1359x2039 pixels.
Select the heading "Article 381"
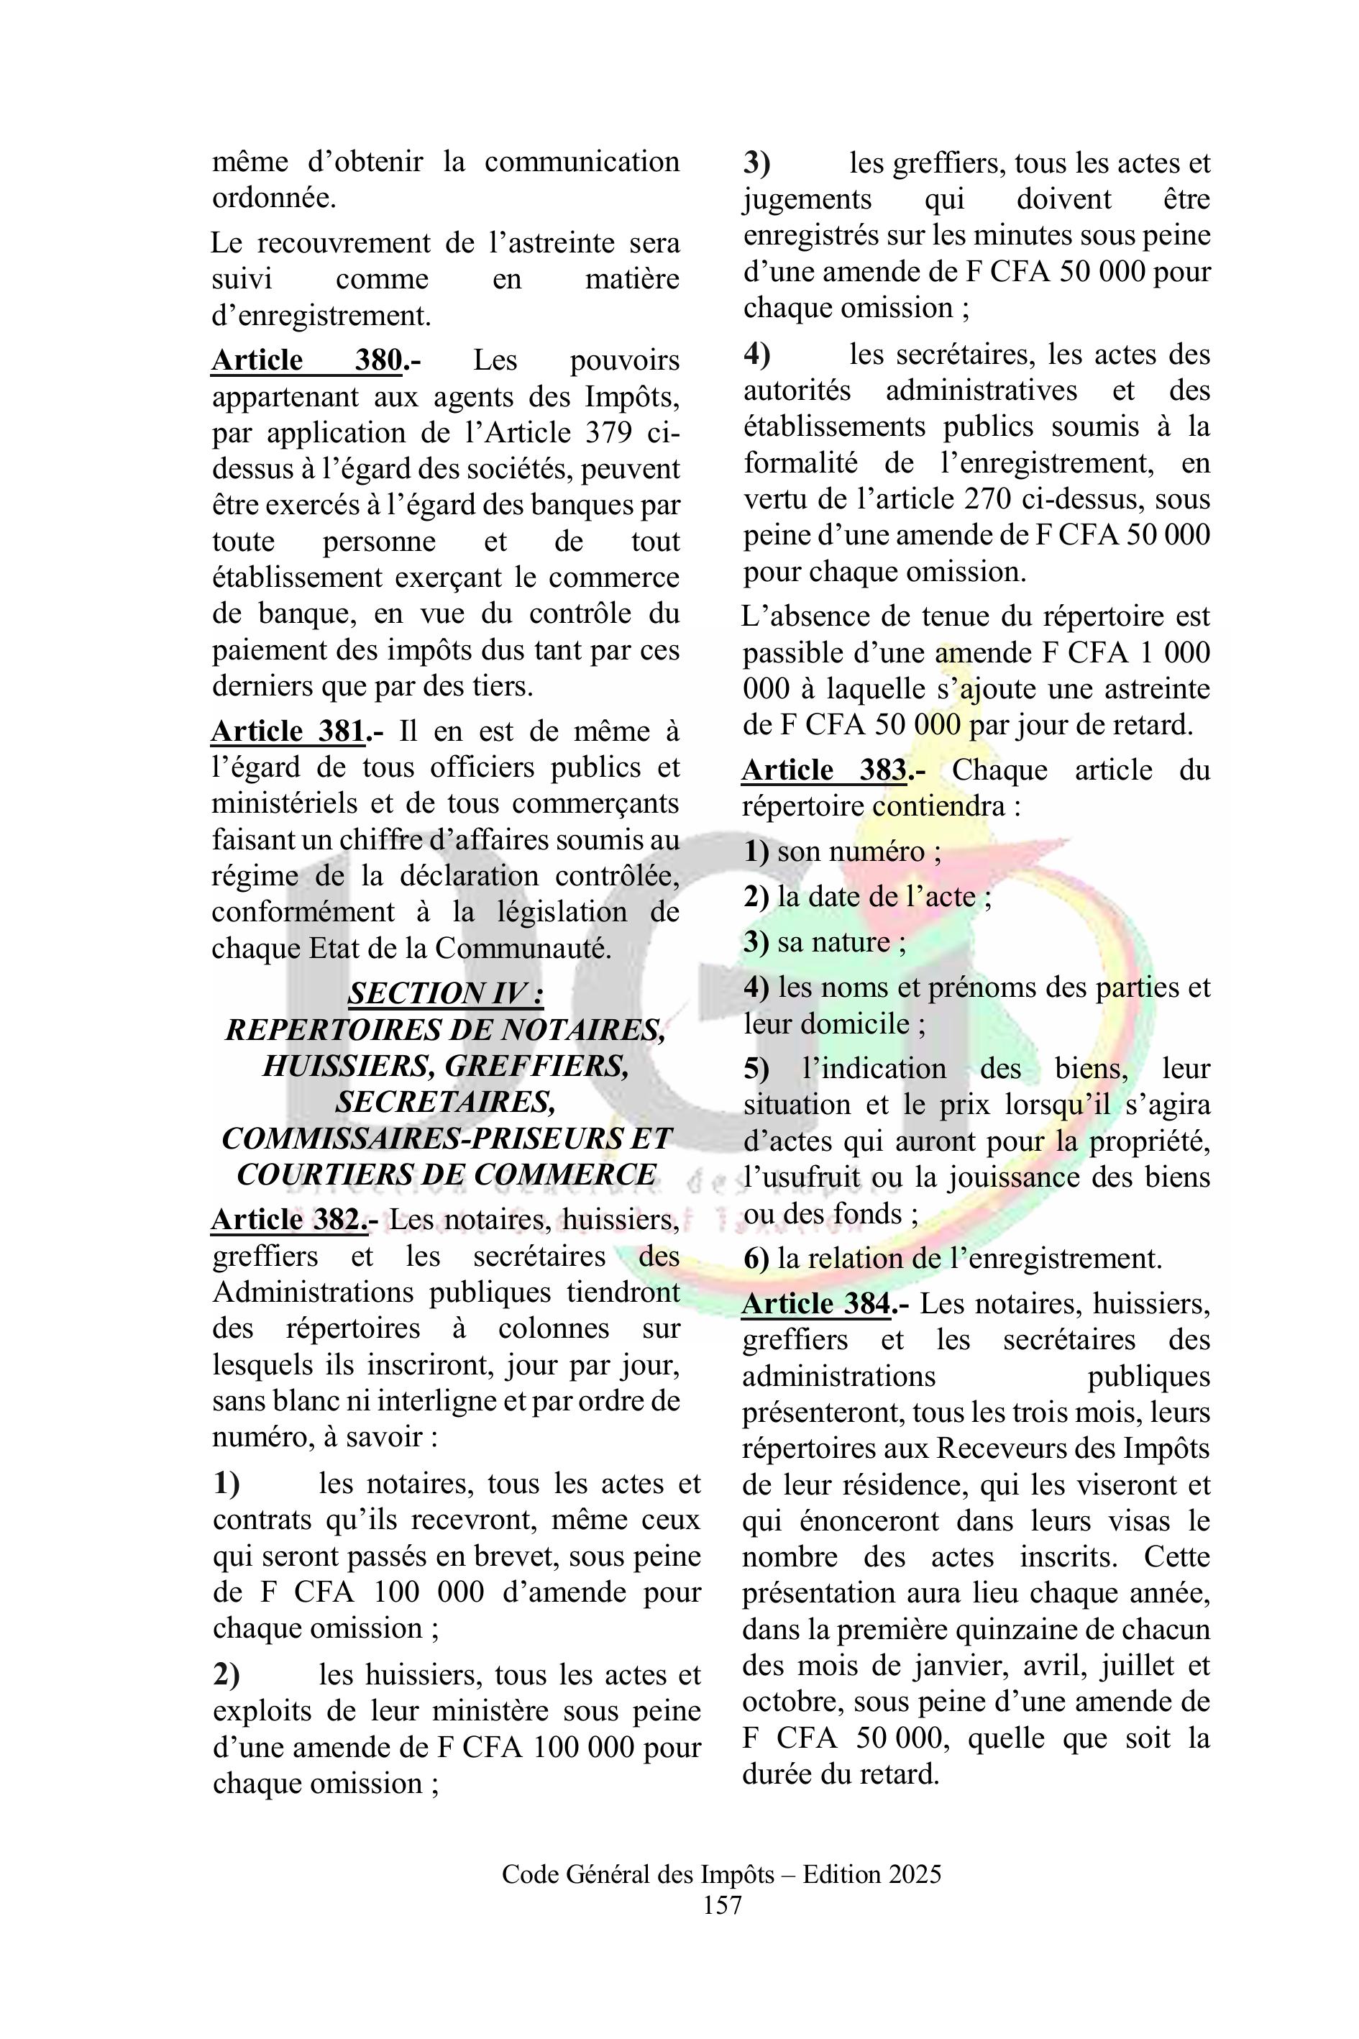click(288, 731)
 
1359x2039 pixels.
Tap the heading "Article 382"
click(288, 1219)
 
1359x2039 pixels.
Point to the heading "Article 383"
click(824, 770)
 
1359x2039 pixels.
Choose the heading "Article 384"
click(816, 1303)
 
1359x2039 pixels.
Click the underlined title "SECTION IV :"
click(446, 993)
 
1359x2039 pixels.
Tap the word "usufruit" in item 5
click(810, 1177)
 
